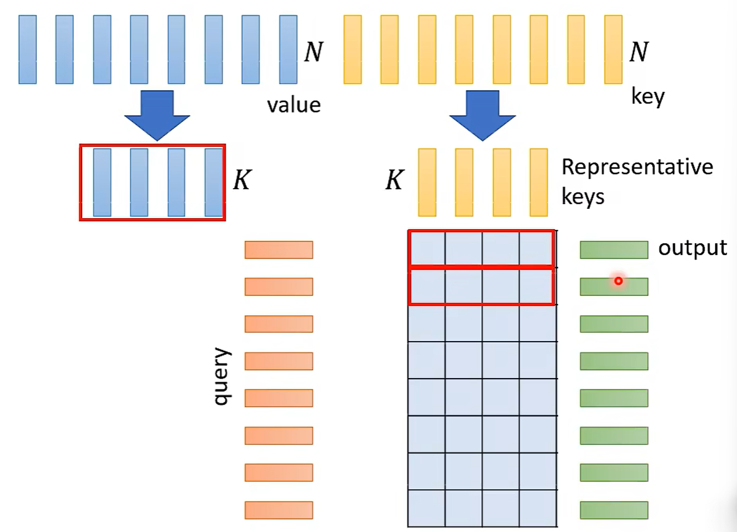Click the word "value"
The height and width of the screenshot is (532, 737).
point(293,105)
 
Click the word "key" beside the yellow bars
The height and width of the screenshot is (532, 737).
point(648,97)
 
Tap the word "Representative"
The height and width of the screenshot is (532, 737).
point(637,167)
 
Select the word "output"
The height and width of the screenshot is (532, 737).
point(692,248)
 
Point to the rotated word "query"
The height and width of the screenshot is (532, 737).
point(222,376)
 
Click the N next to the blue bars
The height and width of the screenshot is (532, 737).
point(314,52)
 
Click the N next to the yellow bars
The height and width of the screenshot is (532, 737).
point(639,52)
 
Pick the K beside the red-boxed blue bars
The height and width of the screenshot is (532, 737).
point(242,180)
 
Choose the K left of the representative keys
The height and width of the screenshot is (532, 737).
point(395,180)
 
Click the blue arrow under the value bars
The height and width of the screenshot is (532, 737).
point(157,115)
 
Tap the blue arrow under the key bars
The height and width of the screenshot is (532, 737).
point(482,115)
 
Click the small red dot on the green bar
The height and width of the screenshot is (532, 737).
point(618,281)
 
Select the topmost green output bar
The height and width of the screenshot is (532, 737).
point(613,250)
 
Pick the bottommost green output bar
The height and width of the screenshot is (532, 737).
point(613,510)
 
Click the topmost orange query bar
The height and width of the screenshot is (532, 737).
point(279,250)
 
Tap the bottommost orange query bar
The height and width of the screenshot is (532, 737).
point(279,510)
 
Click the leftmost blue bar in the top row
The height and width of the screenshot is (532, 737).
point(28,50)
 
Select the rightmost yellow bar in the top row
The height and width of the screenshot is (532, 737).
point(613,50)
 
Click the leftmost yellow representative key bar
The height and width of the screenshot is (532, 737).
point(427,182)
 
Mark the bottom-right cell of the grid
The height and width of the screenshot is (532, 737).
point(538,508)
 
